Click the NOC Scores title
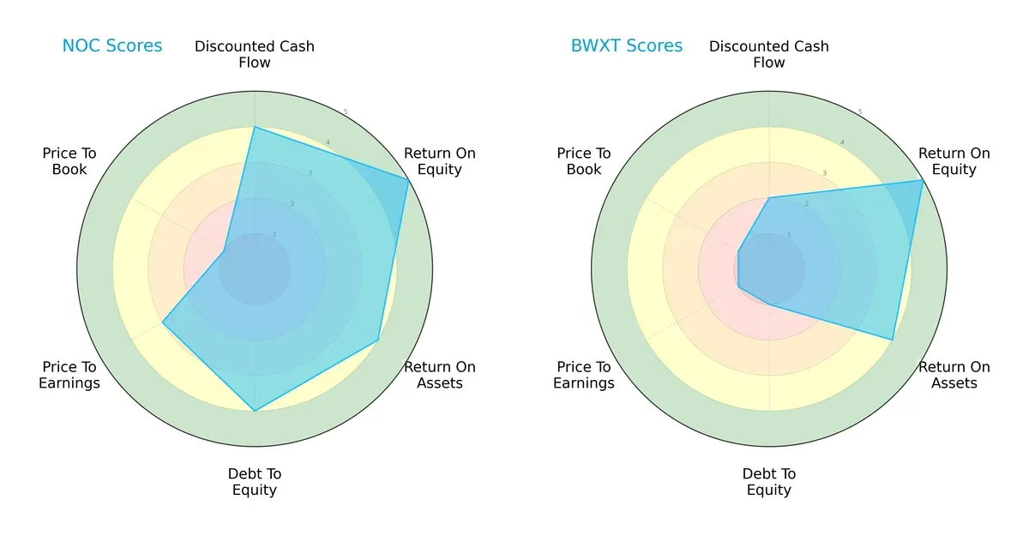(x=111, y=46)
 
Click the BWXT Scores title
(x=627, y=46)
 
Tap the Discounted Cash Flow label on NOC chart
(x=255, y=54)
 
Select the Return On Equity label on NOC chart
(x=440, y=161)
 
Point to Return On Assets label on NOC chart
(x=440, y=375)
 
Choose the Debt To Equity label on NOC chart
(x=255, y=482)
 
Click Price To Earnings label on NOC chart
(x=69, y=375)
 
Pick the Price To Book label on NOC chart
(x=69, y=161)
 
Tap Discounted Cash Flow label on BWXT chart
(x=769, y=54)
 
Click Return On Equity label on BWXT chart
(x=954, y=161)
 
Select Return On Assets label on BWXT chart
(x=954, y=375)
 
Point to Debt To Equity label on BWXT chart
(x=769, y=482)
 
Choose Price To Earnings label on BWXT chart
(x=584, y=375)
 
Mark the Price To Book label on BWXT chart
(x=584, y=161)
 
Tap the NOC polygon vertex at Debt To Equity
(x=255, y=412)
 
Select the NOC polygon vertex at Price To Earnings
(x=162, y=322)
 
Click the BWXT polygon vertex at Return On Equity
(x=923, y=179)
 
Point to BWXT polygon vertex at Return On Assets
(x=893, y=340)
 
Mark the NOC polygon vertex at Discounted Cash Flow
(x=255, y=127)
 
